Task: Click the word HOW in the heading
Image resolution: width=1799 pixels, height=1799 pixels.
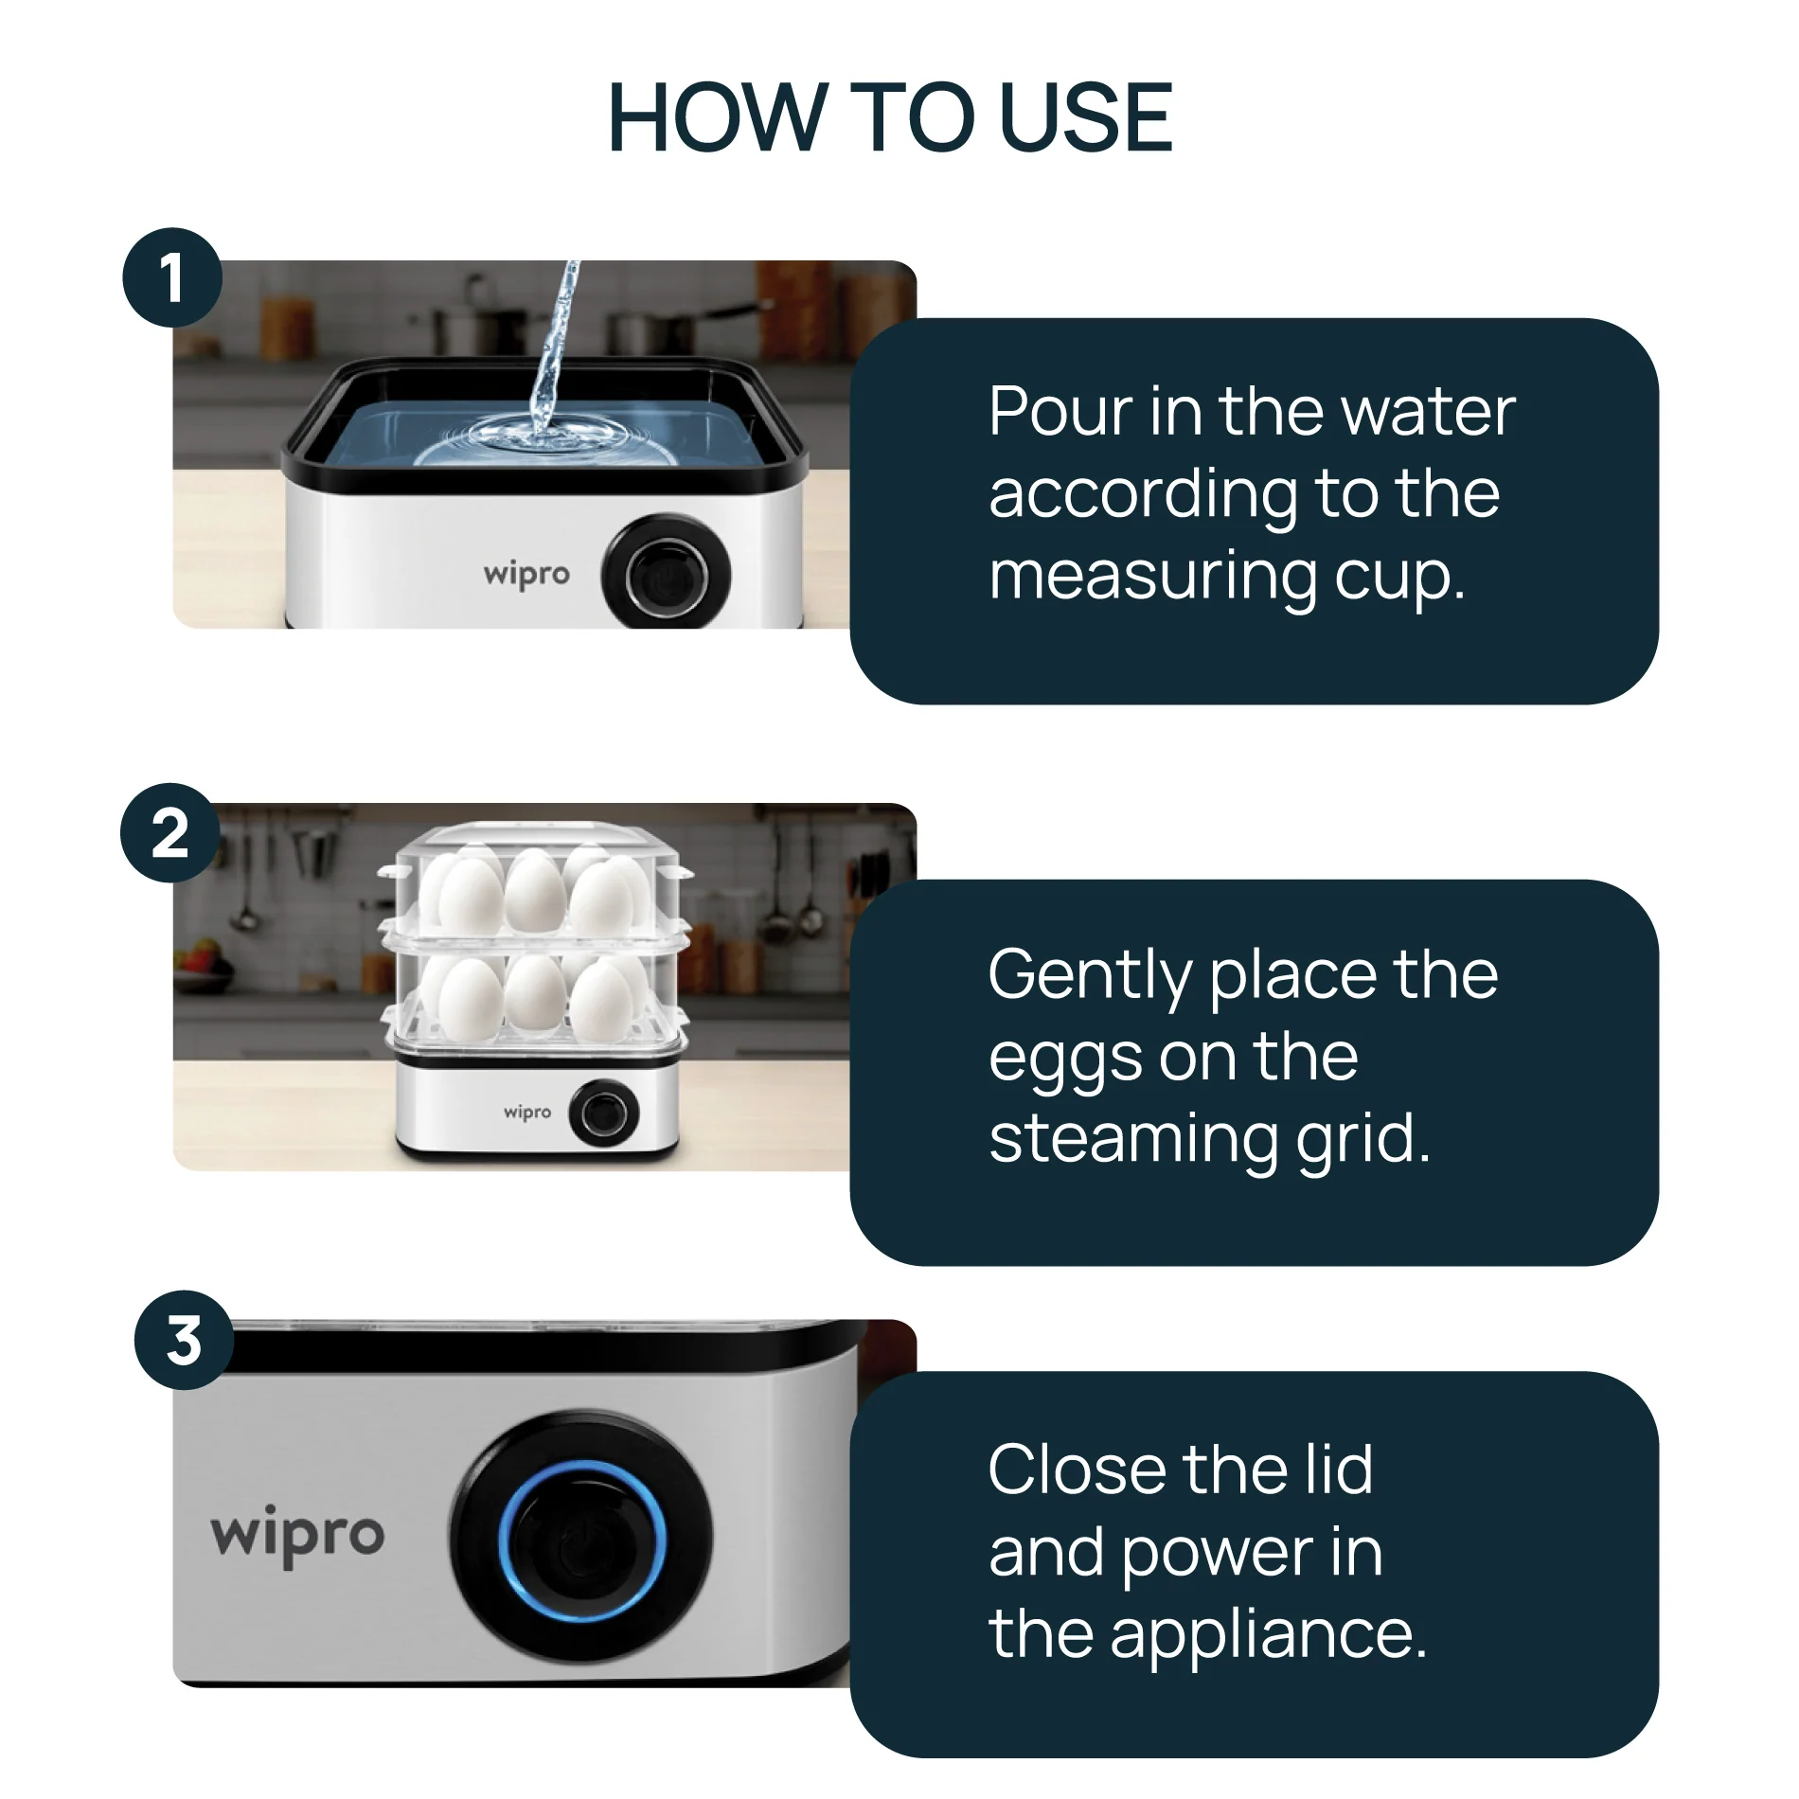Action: pos(716,117)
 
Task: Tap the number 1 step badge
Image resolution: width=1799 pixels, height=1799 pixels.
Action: pos(171,278)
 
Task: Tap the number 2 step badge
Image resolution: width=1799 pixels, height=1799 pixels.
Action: pos(170,834)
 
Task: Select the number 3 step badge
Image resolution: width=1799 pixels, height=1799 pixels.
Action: pos(184,1341)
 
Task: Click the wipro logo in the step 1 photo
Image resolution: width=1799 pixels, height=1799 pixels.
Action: pos(526,575)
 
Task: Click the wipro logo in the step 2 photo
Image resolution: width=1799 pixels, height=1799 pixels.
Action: pos(526,1112)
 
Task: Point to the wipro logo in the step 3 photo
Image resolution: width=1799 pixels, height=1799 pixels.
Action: pos(297,1535)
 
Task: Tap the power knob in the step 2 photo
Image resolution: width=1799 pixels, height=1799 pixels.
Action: pos(603,1113)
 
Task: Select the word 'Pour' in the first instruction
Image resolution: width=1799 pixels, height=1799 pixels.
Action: pos(1060,412)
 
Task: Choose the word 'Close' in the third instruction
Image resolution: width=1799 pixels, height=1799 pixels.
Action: pos(1074,1469)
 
